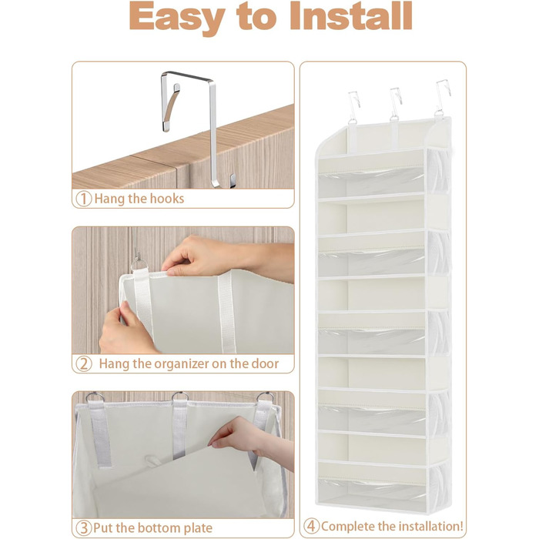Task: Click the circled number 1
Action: [x=83, y=199]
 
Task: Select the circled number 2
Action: [x=83, y=363]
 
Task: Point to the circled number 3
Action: [x=83, y=527]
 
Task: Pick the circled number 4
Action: [x=311, y=526]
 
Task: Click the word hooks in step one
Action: [x=168, y=199]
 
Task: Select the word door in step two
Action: [x=265, y=363]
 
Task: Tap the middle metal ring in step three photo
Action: [x=180, y=397]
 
